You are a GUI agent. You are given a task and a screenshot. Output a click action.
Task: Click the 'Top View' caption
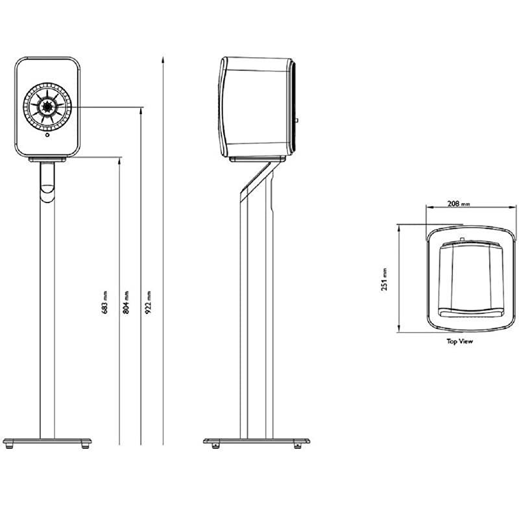pyautogui.click(x=459, y=341)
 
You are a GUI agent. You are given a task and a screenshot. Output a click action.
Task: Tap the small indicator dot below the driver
pyautogui.click(x=48, y=136)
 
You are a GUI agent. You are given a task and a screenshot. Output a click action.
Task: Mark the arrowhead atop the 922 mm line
pyautogui.click(x=162, y=59)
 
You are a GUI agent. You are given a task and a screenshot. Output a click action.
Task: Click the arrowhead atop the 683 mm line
pyautogui.click(x=120, y=160)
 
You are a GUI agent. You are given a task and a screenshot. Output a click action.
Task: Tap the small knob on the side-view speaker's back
pyautogui.click(x=296, y=121)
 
